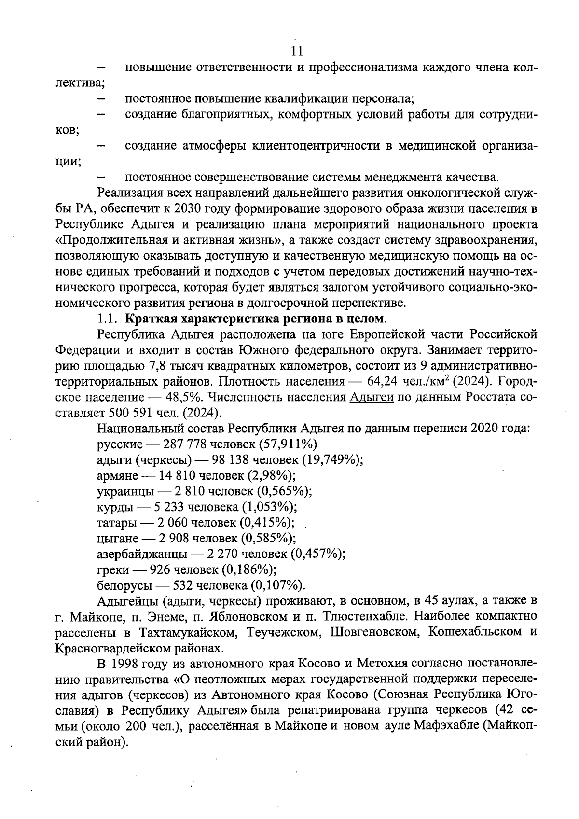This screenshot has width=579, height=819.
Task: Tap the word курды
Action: tap(113, 507)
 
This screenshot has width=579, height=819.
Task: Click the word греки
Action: tap(112, 570)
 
